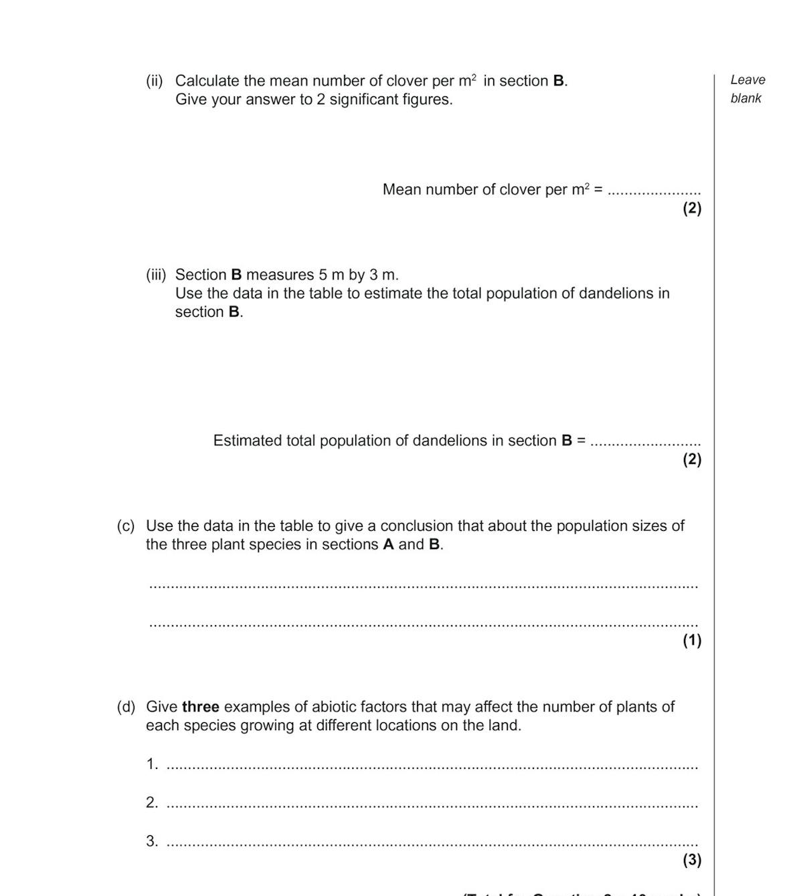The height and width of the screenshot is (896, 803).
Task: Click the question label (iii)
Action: coord(155,275)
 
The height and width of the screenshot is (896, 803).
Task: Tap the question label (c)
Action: coord(126,526)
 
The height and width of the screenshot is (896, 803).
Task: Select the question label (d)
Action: coord(126,707)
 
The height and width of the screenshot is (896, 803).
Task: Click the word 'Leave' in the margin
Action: coord(747,80)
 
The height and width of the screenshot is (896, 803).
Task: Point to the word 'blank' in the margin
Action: coord(745,98)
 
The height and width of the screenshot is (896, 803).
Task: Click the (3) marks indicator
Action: coord(692,860)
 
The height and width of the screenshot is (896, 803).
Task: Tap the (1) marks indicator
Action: coord(692,641)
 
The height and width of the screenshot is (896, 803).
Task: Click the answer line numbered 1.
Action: coord(432,768)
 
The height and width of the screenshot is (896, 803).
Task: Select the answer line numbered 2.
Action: coord(432,806)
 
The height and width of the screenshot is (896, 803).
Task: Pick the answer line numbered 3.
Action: coord(432,845)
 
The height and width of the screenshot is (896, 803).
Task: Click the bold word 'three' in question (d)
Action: coord(200,707)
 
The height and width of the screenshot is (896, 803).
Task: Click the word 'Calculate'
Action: coord(207,81)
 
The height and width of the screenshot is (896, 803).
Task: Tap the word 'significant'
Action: coord(363,100)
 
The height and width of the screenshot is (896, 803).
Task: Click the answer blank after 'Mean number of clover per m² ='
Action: coord(654,192)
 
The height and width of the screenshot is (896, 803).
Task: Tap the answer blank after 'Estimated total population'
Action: coord(646,443)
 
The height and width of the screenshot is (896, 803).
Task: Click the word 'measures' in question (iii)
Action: coord(280,275)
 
